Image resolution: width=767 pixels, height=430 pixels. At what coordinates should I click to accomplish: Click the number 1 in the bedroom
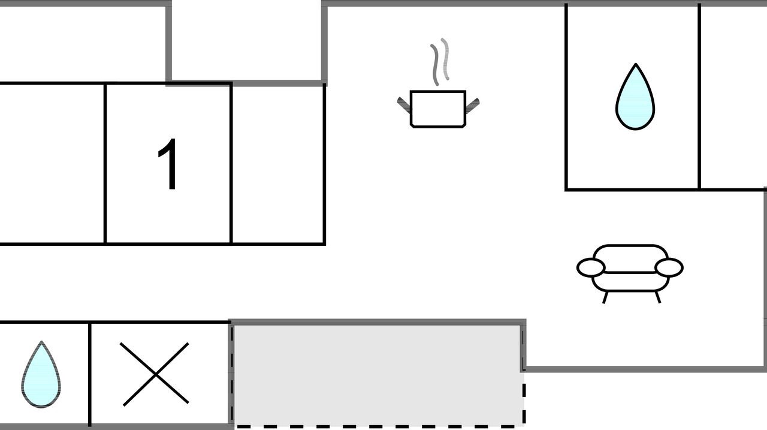click(x=168, y=164)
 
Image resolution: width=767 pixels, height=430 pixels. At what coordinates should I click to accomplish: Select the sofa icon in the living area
click(x=630, y=273)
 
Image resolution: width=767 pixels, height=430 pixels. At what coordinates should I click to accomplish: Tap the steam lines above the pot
click(x=440, y=62)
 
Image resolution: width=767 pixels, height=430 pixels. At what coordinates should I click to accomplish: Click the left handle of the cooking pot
click(x=404, y=105)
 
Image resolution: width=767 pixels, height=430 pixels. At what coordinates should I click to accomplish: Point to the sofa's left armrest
click(x=591, y=267)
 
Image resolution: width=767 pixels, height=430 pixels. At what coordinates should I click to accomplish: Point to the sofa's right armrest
click(x=669, y=267)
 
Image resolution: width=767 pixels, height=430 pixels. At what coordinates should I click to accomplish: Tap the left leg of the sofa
click(x=605, y=297)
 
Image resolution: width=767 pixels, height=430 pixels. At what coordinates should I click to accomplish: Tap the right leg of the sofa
click(x=658, y=297)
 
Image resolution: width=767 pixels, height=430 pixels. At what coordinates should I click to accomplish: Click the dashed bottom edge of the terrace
click(x=379, y=426)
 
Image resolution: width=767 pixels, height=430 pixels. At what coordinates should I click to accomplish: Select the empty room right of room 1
click(x=278, y=164)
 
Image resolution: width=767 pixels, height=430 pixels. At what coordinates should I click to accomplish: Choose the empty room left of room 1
click(x=52, y=164)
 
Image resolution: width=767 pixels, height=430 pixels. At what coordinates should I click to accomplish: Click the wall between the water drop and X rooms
click(x=90, y=374)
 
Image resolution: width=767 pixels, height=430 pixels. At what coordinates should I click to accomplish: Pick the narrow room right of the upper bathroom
click(x=732, y=97)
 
